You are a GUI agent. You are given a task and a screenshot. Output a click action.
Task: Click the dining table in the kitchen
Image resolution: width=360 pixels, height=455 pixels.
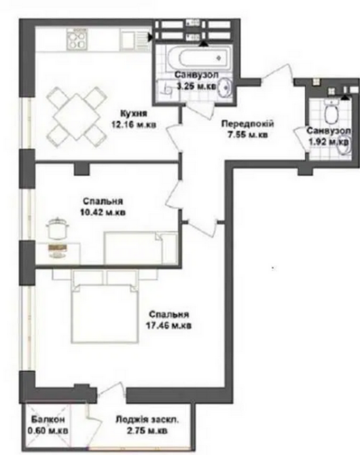pyautogui.click(x=74, y=115)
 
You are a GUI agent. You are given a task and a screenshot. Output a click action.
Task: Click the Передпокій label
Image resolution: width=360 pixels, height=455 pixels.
pyautogui.click(x=247, y=124)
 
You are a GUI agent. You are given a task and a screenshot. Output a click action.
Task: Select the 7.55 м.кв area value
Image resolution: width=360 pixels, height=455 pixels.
pyautogui.click(x=247, y=134)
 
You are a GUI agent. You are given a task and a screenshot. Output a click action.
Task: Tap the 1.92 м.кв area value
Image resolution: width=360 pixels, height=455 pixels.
pyautogui.click(x=327, y=142)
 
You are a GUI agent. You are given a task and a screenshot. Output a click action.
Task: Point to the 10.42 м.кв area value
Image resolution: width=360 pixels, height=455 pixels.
pyautogui.click(x=103, y=213)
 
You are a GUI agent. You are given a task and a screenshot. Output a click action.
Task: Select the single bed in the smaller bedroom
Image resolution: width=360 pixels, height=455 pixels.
pyautogui.click(x=140, y=247)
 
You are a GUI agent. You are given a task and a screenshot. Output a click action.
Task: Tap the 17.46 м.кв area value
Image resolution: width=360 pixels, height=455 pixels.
pyautogui.click(x=170, y=325)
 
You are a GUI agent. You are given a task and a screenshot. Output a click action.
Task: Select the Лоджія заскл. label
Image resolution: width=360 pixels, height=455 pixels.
pyautogui.click(x=147, y=420)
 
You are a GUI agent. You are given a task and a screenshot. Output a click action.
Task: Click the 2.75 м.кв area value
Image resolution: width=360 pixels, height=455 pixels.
pyautogui.click(x=147, y=431)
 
